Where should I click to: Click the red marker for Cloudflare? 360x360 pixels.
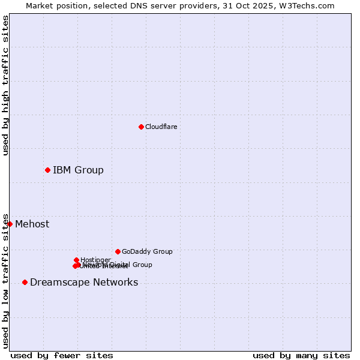[x=141, y=127]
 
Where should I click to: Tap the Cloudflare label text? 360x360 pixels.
[x=161, y=127]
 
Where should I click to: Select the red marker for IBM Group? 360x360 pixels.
[x=47, y=170]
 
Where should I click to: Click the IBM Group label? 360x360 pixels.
[x=78, y=170]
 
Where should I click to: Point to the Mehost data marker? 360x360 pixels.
[x=10, y=224]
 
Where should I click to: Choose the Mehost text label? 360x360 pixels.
[x=32, y=224]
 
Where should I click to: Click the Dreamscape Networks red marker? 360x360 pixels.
[x=25, y=282]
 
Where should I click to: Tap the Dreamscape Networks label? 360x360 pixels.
[x=84, y=283]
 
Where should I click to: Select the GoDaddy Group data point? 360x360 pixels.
[x=118, y=251]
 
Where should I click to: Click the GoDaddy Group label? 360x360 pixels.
[x=147, y=251]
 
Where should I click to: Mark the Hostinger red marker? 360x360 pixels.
[x=76, y=260]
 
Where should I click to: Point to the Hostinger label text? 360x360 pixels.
[x=95, y=260]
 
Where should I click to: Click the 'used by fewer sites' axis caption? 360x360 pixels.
[x=62, y=355]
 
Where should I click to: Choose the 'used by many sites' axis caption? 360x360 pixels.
[x=301, y=355]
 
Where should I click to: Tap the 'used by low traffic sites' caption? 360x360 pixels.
[x=6, y=281]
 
